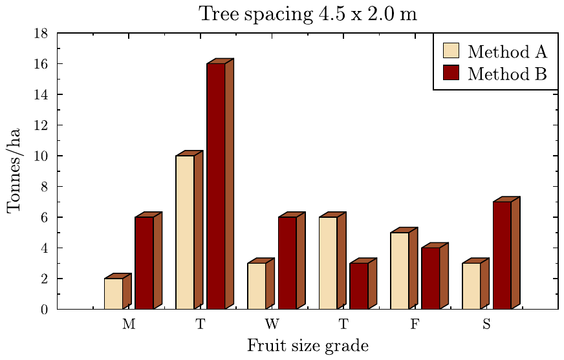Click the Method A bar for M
(x=113, y=293)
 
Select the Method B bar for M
(x=144, y=263)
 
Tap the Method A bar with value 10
(x=185, y=232)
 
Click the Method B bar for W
(x=287, y=263)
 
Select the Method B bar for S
(x=502, y=255)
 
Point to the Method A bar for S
(x=471, y=286)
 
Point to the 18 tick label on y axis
(x=41, y=33)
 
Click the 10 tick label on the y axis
(x=41, y=156)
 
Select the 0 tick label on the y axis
(x=44, y=310)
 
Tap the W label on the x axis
(x=272, y=324)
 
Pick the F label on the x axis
(x=415, y=324)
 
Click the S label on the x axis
(x=486, y=324)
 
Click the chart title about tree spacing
(x=307, y=14)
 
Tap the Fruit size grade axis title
(x=307, y=346)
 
